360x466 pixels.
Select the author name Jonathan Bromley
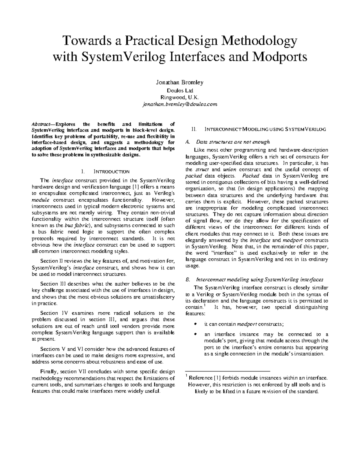point(180,82)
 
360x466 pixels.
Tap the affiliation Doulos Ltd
point(180,90)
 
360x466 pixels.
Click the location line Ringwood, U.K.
point(180,97)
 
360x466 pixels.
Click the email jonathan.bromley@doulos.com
point(180,104)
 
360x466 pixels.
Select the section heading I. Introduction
point(105,172)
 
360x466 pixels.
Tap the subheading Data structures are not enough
point(233,142)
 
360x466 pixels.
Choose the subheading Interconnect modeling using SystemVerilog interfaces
point(259,279)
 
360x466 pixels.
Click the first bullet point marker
point(196,324)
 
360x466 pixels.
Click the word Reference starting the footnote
point(200,378)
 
